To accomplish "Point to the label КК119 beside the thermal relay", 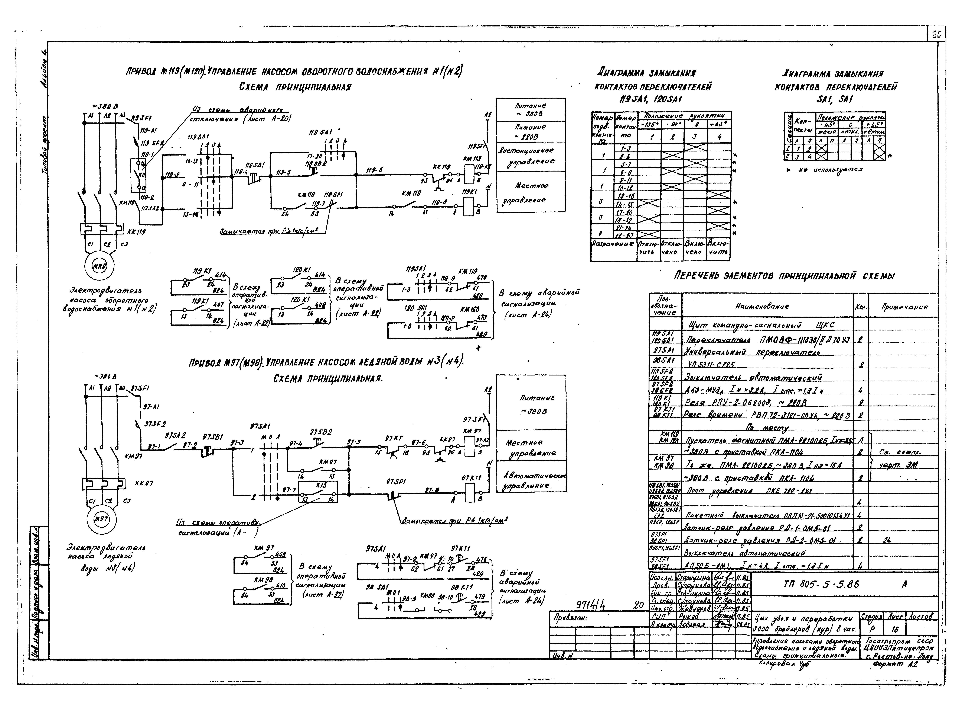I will point(136,232).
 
